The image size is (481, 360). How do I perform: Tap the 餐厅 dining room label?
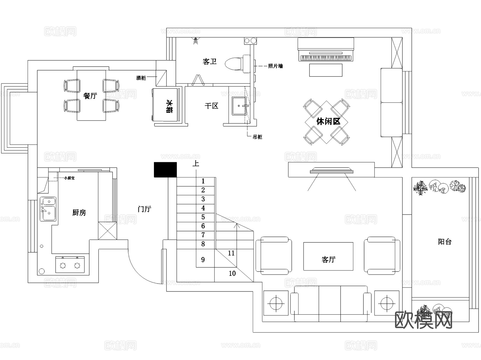tap(90, 96)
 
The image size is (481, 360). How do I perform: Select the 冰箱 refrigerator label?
tap(169, 106)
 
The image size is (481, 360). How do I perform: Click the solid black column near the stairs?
tap(165, 169)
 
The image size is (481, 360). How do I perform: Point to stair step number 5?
tap(203, 217)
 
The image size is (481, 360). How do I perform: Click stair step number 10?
tap(232, 273)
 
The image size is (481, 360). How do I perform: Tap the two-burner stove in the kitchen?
tap(70, 265)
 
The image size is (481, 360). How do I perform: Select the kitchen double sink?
tap(48, 209)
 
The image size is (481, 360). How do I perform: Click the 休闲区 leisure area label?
tap(328, 122)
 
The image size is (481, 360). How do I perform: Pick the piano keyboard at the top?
tap(325, 58)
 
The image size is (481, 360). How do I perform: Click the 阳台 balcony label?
tap(445, 242)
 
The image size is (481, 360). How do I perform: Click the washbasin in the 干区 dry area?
tap(239, 106)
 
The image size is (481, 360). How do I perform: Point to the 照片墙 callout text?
tap(275, 66)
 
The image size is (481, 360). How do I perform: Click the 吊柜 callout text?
tap(257, 137)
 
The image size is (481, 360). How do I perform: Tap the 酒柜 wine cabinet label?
tap(141, 78)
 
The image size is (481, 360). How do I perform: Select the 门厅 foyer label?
tap(145, 209)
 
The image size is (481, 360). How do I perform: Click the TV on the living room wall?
tap(331, 171)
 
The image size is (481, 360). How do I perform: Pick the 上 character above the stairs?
tap(196, 163)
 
